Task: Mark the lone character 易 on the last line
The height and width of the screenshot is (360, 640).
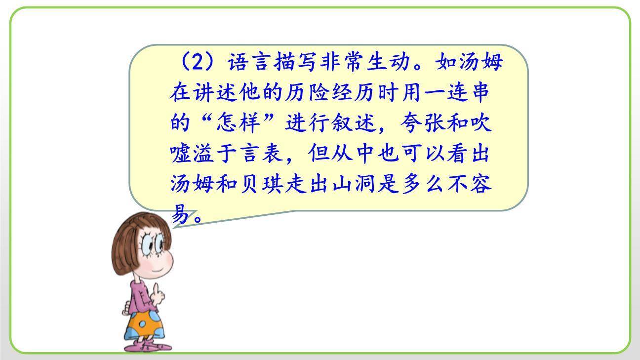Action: pos(180,214)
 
